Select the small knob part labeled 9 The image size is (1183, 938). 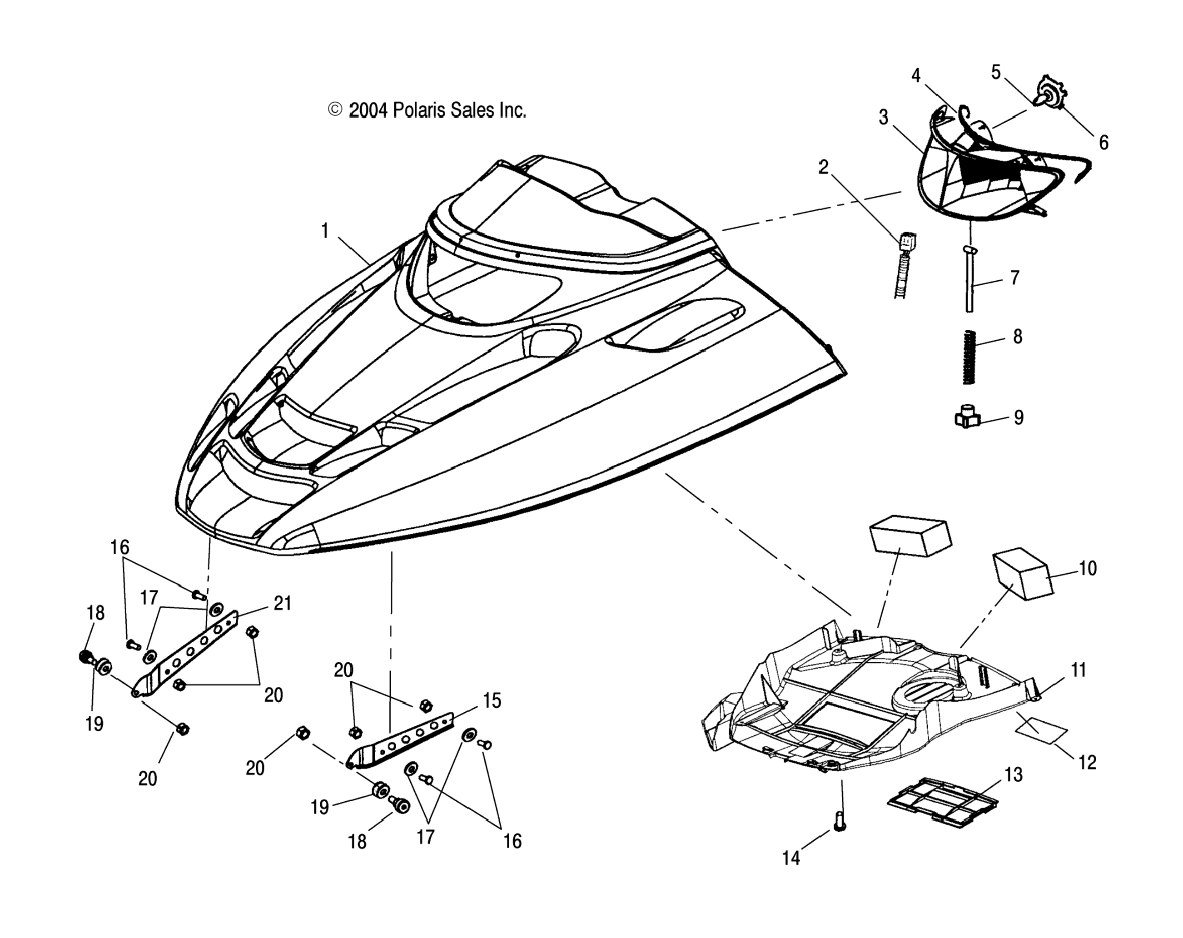967,420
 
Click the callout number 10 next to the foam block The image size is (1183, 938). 1088,568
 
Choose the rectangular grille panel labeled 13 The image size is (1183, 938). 942,802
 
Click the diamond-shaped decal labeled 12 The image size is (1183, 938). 1041,727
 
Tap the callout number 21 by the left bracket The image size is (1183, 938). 282,603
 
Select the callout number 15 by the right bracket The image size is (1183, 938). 492,700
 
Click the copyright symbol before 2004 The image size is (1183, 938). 335,110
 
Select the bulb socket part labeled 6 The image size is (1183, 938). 1051,94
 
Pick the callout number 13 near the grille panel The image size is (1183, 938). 1014,774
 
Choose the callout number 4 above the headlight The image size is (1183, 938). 916,75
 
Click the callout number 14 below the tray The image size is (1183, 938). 790,858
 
